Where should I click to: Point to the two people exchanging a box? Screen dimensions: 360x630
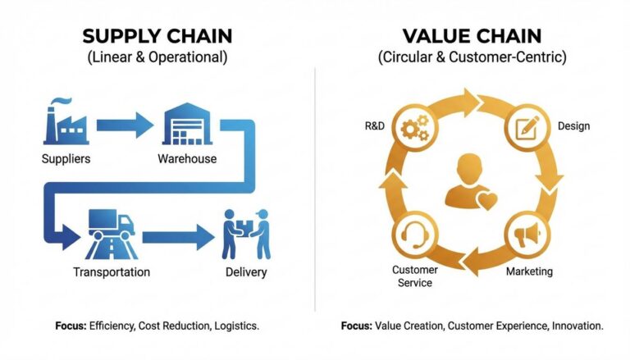(245, 235)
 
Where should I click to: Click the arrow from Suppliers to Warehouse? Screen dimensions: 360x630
(123, 125)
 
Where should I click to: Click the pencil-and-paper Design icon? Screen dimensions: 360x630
(525, 128)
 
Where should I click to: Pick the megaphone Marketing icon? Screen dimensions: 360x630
(525, 236)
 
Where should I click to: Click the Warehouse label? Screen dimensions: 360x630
(187, 158)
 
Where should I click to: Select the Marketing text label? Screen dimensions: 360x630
(529, 271)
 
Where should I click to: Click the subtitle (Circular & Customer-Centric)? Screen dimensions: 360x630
(472, 58)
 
